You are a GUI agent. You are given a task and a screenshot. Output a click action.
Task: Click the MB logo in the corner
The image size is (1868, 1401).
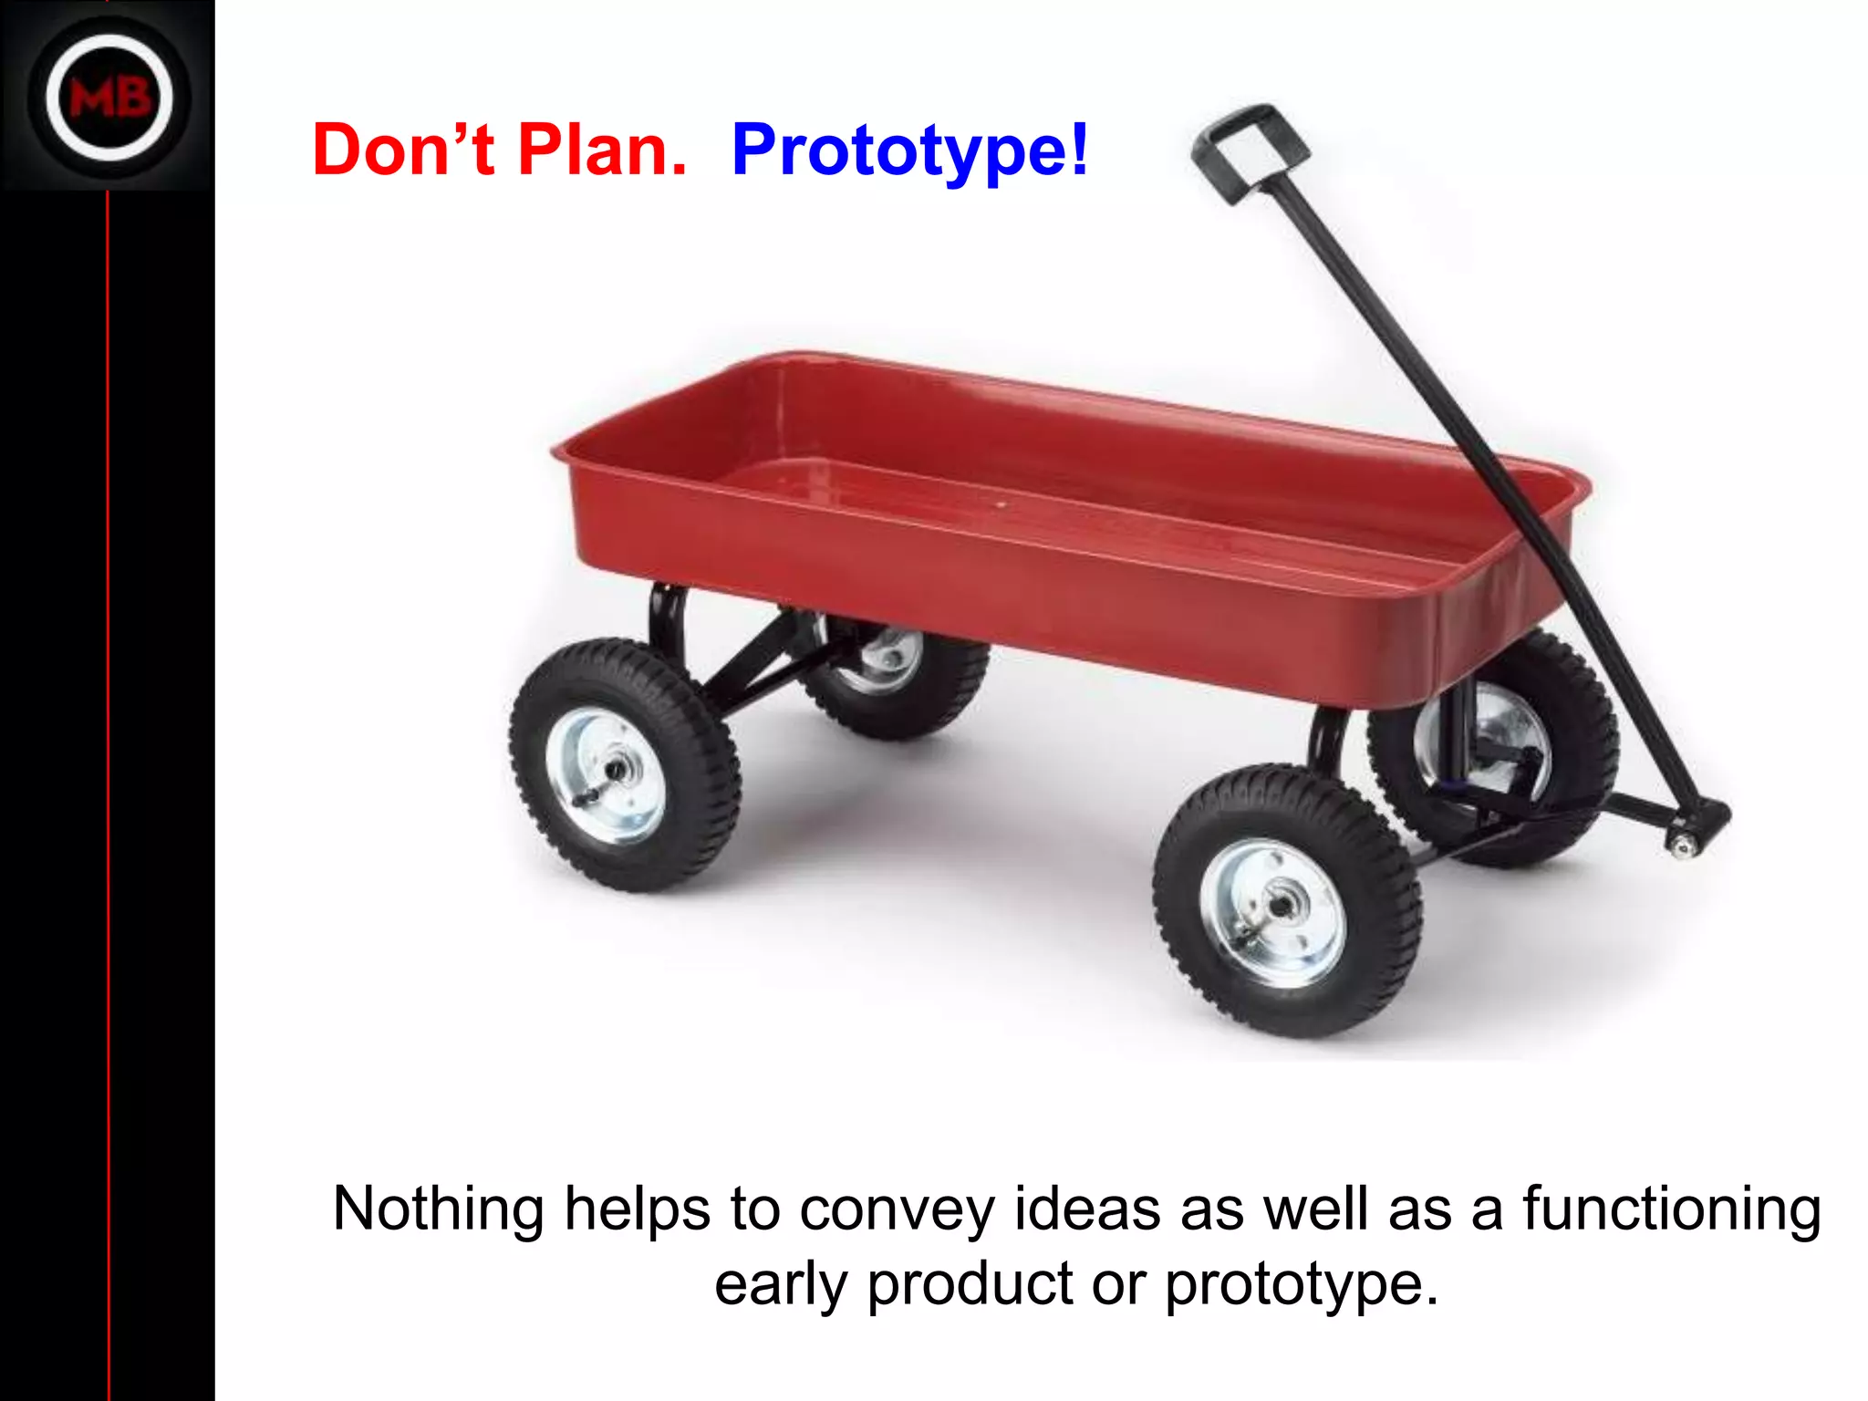coord(109,98)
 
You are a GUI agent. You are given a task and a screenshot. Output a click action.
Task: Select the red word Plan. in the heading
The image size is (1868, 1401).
coord(602,150)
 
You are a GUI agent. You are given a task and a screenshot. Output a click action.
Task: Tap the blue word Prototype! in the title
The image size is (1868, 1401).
coord(910,151)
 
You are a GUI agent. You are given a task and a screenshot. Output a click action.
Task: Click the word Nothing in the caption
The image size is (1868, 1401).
coord(438,1209)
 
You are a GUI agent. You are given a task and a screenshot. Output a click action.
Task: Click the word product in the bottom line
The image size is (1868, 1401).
coord(970,1284)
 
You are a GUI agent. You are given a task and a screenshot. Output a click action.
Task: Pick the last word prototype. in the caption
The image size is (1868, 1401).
coord(1301,1284)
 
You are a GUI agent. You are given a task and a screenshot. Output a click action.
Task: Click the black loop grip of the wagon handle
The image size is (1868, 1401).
coord(1249,150)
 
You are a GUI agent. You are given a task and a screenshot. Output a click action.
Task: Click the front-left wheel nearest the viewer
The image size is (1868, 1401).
coord(1286,901)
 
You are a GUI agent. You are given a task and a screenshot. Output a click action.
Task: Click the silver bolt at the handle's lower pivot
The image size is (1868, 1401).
coord(1681,845)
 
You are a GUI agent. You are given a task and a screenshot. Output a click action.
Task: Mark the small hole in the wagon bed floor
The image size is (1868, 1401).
coord(1001,503)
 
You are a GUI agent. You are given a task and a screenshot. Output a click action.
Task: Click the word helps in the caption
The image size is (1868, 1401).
coord(636,1209)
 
